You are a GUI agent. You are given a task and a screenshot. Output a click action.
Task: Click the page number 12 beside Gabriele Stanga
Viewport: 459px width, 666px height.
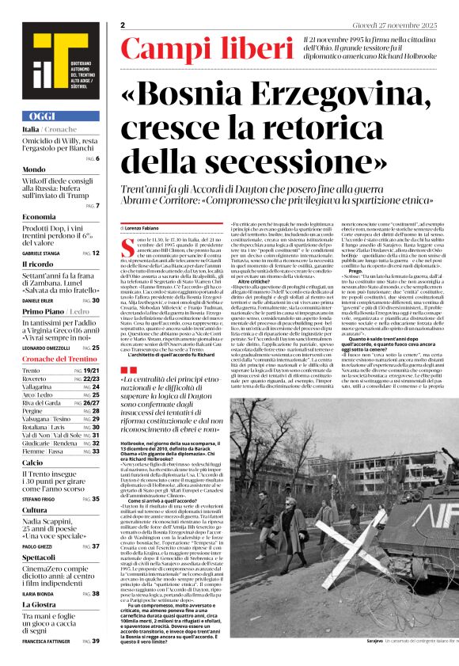point(96,253)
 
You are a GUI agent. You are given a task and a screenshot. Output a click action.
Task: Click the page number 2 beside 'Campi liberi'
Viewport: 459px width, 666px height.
point(123,26)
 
